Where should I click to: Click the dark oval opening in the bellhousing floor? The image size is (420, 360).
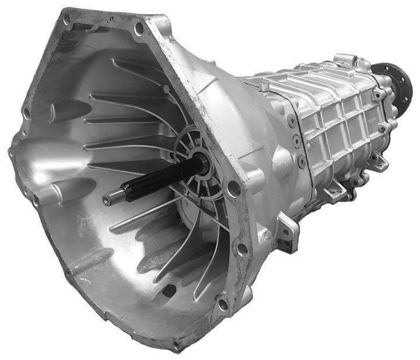[169, 289]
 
